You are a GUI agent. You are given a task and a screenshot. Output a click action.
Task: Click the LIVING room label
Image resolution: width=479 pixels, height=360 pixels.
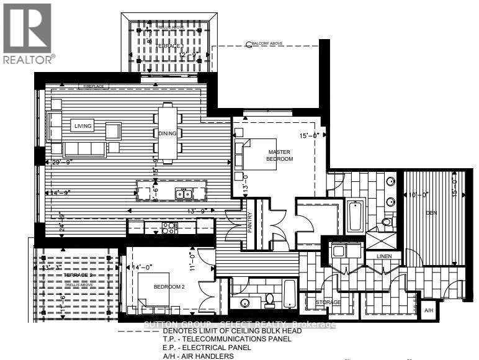click(83, 126)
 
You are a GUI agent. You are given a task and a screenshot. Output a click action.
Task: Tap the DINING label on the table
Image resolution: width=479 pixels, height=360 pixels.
click(168, 133)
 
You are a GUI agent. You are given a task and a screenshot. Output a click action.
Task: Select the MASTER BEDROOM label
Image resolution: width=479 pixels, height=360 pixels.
click(280, 155)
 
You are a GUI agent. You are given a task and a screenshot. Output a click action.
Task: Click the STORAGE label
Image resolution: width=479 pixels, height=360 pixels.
click(328, 302)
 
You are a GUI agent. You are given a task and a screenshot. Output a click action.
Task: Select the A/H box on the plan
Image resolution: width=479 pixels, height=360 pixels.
click(428, 310)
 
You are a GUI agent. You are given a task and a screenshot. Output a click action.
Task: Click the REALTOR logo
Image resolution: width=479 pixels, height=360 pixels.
click(28, 32)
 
